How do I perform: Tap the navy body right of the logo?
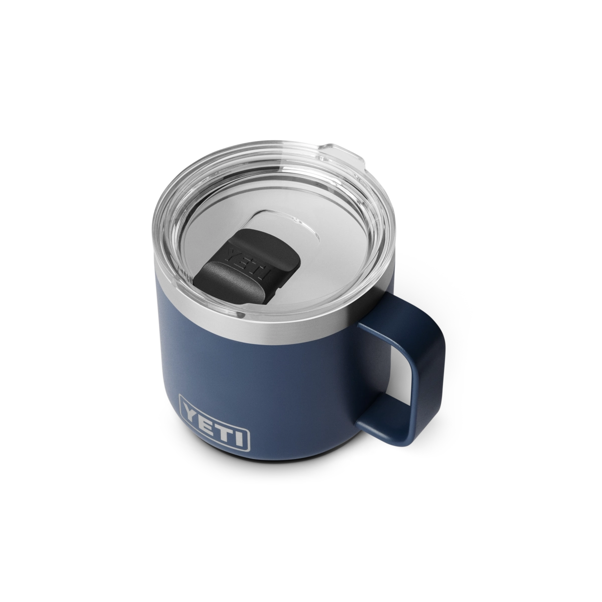click(301, 401)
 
